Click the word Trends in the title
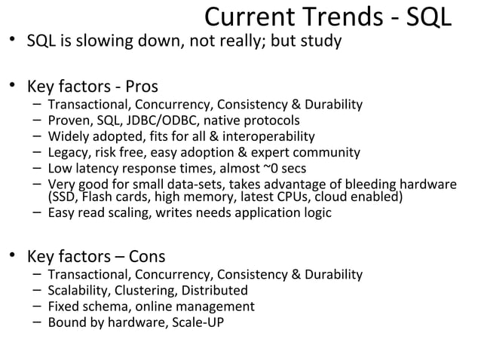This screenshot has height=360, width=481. click(340, 17)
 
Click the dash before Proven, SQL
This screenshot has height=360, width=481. click(36, 121)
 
